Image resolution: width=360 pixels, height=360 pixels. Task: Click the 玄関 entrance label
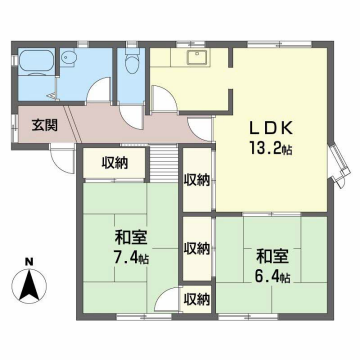pos(45,126)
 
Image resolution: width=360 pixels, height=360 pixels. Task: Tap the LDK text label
pos(271,128)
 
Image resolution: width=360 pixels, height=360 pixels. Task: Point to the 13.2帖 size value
pos(270,148)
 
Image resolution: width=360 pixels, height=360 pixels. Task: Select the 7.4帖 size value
pos(130,258)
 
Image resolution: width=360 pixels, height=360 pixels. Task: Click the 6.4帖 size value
pos(272,276)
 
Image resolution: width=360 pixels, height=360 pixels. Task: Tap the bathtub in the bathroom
pos(36,62)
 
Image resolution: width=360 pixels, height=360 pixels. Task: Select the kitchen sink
pos(197,57)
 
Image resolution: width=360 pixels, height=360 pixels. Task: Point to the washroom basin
pos(69,58)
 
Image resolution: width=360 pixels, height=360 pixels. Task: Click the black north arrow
pos(29,284)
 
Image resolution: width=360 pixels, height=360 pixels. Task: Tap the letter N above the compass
pos(30,262)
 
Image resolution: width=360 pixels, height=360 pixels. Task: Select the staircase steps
pos(163,163)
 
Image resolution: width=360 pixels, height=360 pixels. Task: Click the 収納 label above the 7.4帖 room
pos(115,163)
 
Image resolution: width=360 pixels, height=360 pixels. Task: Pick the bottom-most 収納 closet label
pos(198,300)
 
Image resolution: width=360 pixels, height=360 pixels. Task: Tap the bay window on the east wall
pos(339,163)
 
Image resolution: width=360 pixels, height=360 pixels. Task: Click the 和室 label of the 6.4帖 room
pos(272,256)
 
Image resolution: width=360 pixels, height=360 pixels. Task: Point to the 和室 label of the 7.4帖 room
pos(131,238)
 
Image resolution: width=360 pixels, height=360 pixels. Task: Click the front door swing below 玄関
pos(62,159)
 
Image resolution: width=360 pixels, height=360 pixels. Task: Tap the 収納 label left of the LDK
pos(197,180)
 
